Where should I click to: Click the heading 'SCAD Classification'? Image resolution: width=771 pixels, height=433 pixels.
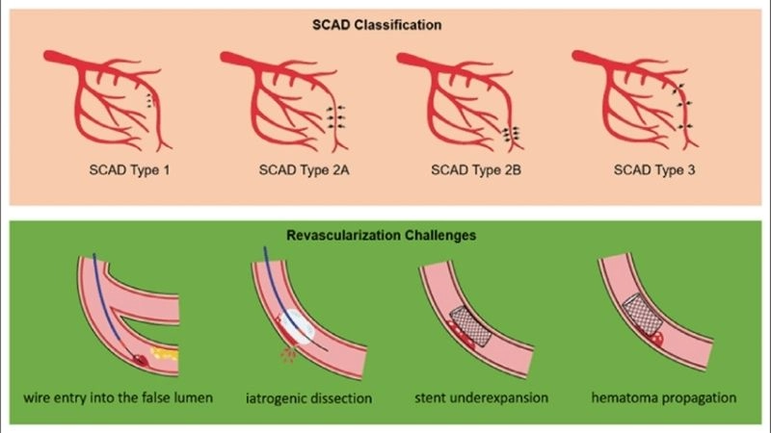tap(385, 23)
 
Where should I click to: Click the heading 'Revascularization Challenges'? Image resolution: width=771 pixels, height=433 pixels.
tap(385, 234)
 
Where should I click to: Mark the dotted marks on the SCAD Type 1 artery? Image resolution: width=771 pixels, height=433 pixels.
tap(149, 98)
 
